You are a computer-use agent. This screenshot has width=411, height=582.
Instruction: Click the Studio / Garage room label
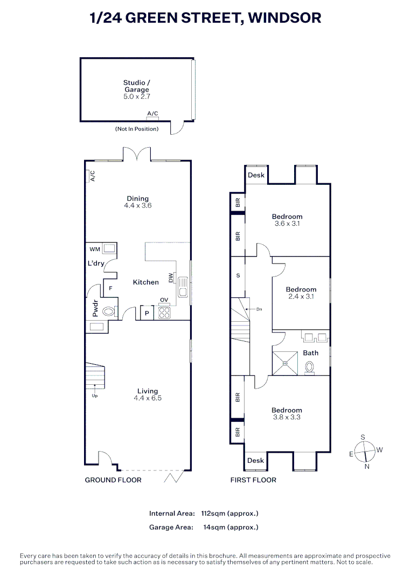[x=136, y=89]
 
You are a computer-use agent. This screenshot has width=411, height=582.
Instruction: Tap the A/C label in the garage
[x=153, y=113]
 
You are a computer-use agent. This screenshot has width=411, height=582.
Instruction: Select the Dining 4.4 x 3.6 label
[x=137, y=202]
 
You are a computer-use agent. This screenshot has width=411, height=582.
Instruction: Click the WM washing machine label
[x=95, y=249]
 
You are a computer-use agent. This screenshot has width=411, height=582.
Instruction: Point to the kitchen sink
[x=184, y=287]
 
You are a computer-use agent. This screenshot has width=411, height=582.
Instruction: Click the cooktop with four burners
[x=164, y=313]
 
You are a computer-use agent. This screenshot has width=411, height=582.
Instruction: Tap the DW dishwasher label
[x=171, y=278]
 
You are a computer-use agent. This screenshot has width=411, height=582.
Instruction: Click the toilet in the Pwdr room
[x=108, y=311]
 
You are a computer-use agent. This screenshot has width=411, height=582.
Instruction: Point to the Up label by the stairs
[x=94, y=396]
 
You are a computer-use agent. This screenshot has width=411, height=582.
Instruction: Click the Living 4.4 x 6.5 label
[x=147, y=394]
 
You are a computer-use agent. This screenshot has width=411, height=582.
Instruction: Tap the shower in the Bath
[x=285, y=363]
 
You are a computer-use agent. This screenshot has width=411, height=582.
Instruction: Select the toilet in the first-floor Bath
[x=310, y=368]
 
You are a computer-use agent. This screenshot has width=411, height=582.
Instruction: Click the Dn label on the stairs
[x=259, y=309]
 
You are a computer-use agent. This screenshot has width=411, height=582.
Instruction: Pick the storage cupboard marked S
[x=238, y=276]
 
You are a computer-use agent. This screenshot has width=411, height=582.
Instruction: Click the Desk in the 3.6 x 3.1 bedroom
[x=256, y=175]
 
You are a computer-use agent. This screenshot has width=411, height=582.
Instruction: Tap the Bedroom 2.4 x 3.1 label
[x=301, y=293]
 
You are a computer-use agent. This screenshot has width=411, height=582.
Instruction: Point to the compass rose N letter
[x=367, y=467]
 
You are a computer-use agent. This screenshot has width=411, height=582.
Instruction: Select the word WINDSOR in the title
[x=286, y=18]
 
